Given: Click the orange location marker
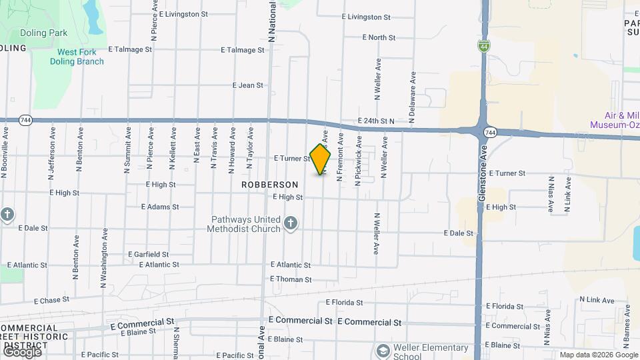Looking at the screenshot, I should coord(321,159).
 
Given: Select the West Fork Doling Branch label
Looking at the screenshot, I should coord(77,57).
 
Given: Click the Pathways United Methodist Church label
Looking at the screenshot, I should coord(246,224).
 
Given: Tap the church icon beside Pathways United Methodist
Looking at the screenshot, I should coord(290,223).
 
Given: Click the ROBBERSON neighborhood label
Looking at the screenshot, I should coord(269,184).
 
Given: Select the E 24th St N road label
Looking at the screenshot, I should coord(376,121).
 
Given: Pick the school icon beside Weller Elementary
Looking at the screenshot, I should coord(383,351).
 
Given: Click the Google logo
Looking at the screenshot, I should coord(22,351).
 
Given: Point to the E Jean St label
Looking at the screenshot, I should coord(248,85).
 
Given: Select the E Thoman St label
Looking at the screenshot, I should coord(291,279).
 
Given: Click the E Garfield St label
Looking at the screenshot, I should coord(147,254).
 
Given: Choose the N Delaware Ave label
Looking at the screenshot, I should coord(413,96).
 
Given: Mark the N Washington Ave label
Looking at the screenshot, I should coord(104,259).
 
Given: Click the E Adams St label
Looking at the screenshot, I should coord(159,207).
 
